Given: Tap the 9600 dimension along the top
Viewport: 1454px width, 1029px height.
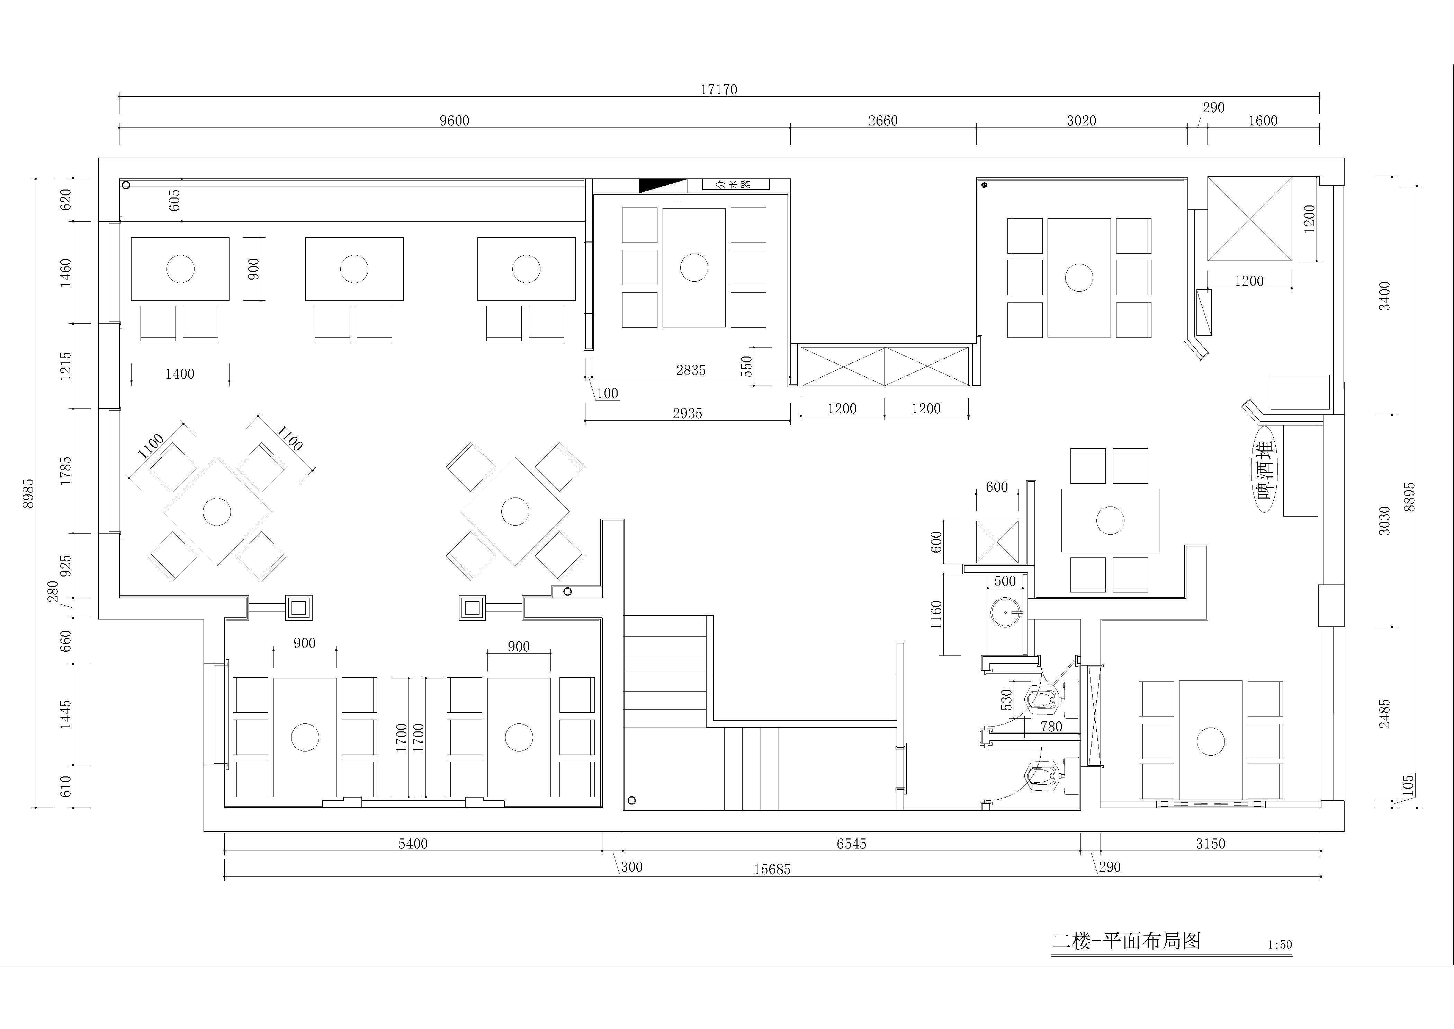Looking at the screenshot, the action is (x=455, y=120).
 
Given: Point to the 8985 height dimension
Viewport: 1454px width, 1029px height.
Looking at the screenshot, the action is (x=28, y=494).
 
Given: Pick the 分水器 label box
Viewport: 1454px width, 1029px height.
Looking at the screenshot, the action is (x=736, y=184).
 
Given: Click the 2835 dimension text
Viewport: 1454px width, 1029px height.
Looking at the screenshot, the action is (x=690, y=370).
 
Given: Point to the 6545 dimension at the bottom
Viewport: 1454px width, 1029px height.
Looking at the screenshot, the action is (x=851, y=844).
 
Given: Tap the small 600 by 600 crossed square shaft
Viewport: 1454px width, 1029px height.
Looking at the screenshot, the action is (x=997, y=542).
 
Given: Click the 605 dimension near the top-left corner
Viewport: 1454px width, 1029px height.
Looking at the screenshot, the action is (x=175, y=200).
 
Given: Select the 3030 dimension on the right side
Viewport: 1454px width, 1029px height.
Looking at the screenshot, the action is (x=1385, y=521).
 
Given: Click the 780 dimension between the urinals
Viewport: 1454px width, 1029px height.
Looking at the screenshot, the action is (x=1051, y=727).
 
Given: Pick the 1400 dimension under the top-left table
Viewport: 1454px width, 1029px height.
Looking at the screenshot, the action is (x=180, y=374).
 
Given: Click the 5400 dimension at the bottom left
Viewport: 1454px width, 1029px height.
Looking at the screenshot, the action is (x=413, y=844).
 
